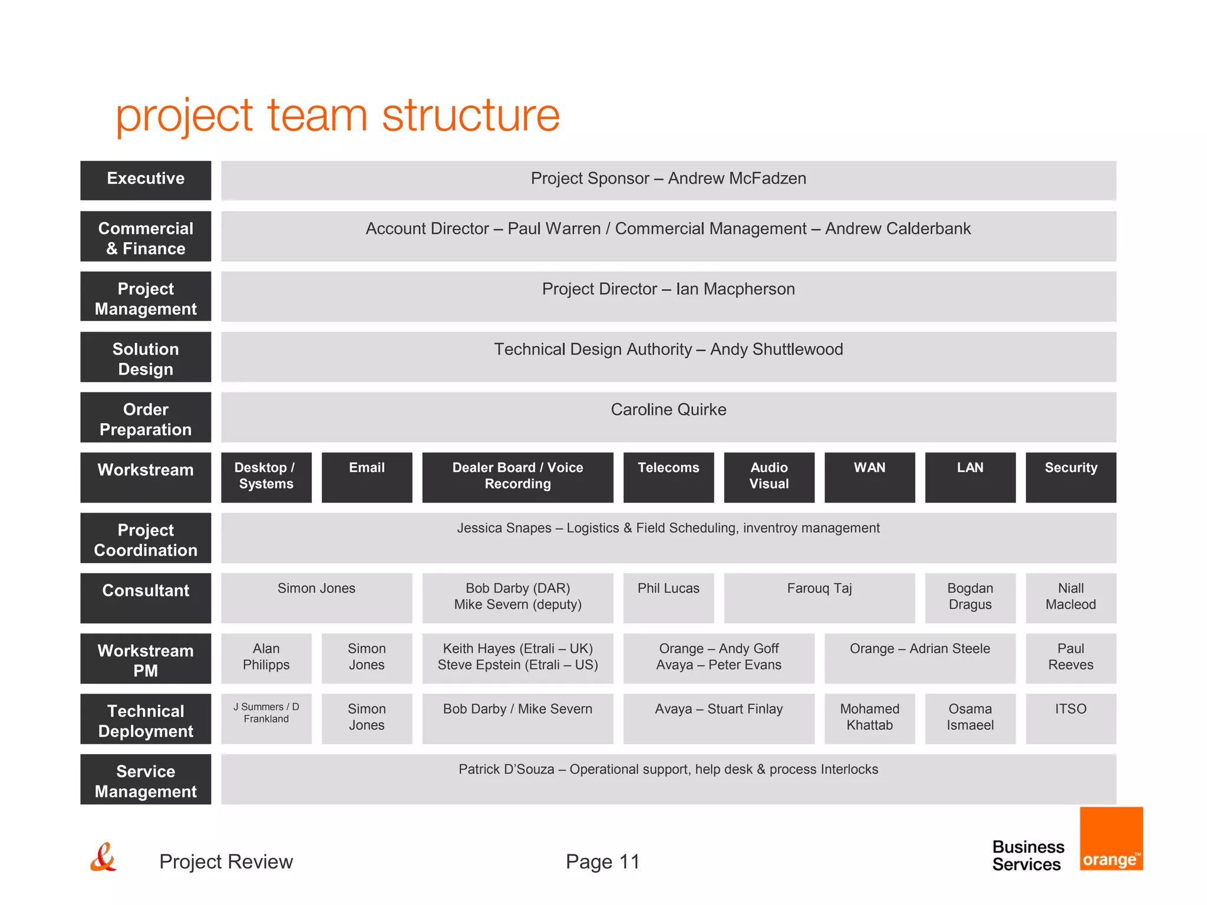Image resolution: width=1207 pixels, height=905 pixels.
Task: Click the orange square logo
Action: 1111,838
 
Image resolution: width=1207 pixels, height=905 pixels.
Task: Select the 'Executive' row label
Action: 146,180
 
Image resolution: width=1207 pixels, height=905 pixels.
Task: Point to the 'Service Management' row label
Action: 146,779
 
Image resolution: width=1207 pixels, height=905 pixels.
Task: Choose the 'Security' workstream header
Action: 1070,477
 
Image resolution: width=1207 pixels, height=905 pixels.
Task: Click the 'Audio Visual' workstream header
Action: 769,477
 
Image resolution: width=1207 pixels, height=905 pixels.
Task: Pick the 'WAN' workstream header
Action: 869,477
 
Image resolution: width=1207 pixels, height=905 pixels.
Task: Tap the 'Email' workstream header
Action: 367,477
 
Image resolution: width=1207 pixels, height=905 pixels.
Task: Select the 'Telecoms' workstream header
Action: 668,477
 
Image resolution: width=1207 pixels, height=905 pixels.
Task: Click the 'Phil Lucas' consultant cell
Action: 668,597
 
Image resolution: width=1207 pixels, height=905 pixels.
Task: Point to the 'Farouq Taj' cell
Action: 819,597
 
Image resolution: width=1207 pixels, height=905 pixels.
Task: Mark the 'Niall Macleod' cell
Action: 1070,597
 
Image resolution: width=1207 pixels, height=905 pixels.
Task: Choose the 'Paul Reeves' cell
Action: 1070,658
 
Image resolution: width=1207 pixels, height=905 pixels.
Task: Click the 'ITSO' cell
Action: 1070,718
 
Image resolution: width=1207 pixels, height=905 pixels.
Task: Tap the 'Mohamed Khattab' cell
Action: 869,718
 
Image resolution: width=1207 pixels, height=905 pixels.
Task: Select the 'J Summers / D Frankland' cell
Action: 266,718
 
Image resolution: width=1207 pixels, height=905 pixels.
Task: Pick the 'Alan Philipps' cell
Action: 266,658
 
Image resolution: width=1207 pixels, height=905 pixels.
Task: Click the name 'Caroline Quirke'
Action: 668,409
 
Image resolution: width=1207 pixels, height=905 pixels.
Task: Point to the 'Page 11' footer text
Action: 602,861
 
